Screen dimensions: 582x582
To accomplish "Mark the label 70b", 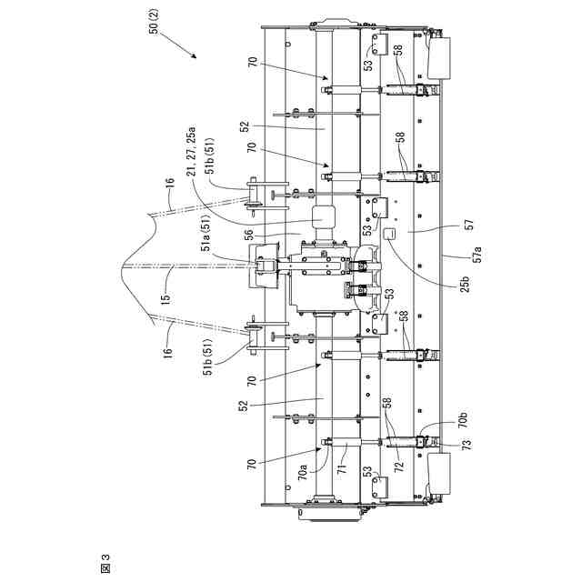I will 462,419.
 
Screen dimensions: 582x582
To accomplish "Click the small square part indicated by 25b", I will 388,235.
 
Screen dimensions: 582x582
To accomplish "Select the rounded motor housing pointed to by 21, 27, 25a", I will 325,219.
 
